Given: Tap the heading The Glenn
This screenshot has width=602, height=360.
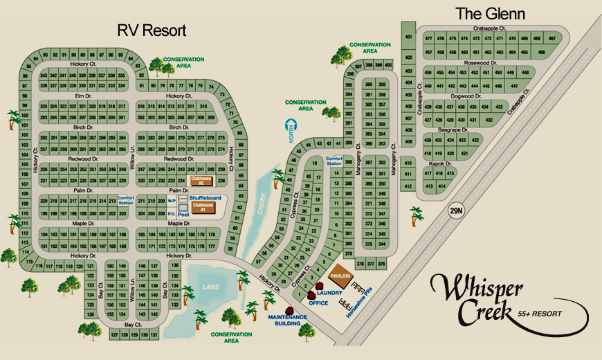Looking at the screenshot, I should coord(490,14).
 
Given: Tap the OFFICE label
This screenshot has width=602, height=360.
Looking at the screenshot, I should coord(318,303).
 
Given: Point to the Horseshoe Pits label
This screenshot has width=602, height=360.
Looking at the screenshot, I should coord(360,301).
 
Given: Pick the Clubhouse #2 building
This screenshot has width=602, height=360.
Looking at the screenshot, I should coord(201,179).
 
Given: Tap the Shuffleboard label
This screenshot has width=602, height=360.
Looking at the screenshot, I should coord(205,198).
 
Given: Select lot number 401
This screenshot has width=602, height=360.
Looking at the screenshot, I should coord(409,37).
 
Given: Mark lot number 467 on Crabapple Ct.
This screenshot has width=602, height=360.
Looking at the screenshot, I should coord(552,38).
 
